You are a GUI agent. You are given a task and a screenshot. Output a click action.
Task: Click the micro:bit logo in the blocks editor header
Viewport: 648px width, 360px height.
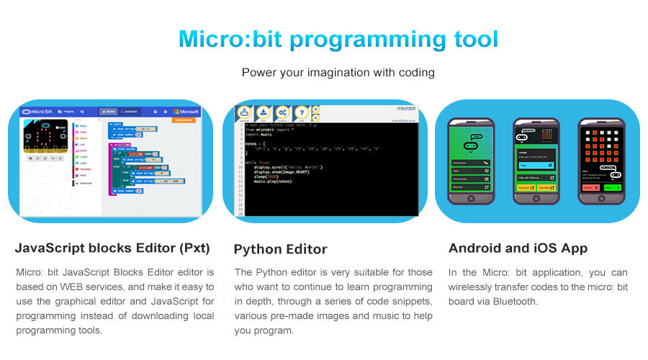click(x=37, y=112)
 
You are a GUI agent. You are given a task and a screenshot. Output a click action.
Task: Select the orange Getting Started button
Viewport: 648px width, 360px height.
click(x=184, y=120)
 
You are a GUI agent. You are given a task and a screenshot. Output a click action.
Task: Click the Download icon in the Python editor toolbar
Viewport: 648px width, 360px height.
click(x=263, y=112)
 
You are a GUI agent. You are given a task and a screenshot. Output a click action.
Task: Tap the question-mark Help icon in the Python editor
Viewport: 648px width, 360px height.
click(x=302, y=112)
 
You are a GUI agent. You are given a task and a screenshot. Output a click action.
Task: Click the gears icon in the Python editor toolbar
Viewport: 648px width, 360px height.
click(x=282, y=112)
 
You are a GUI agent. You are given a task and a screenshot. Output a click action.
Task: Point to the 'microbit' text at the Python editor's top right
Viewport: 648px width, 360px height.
click(x=406, y=109)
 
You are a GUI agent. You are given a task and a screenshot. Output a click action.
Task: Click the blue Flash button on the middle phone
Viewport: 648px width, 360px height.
click(x=536, y=165)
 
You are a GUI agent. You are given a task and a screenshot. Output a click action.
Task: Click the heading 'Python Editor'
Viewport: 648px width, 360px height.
click(x=280, y=250)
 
